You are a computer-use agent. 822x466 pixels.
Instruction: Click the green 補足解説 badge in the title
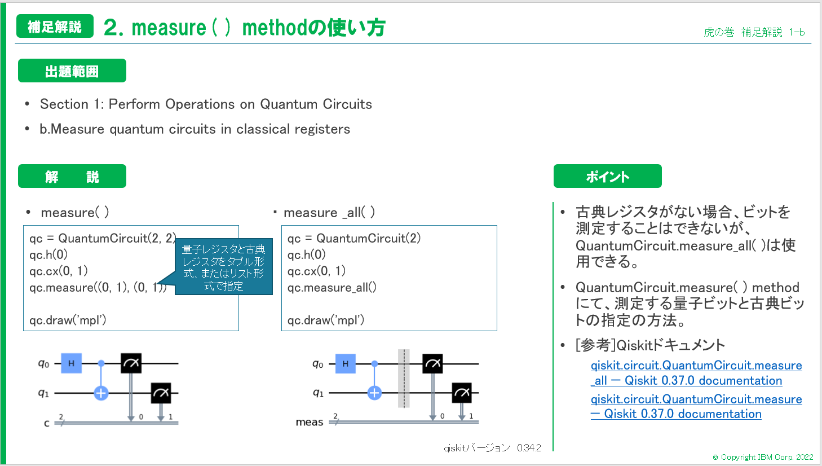[x=55, y=27]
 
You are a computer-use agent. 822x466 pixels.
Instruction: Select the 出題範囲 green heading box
[x=72, y=71]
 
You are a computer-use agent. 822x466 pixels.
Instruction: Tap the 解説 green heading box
[x=72, y=177]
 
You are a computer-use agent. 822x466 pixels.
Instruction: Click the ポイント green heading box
[x=607, y=177]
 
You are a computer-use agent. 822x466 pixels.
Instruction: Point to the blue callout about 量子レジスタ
[x=224, y=267]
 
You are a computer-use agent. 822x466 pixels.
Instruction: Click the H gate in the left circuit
[x=72, y=363]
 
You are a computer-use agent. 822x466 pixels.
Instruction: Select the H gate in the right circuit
[x=345, y=363]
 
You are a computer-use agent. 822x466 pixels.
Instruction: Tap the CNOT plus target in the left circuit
[x=101, y=393]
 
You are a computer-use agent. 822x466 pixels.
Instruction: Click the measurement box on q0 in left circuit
[x=131, y=363]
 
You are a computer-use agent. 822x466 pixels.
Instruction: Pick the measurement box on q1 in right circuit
[x=462, y=393]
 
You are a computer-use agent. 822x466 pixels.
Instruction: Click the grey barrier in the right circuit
[x=404, y=378]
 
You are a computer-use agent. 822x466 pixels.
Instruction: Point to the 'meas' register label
[x=310, y=422]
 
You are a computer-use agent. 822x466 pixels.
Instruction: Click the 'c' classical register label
[x=47, y=423]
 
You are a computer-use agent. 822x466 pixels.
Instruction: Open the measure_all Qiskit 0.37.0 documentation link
[x=696, y=373]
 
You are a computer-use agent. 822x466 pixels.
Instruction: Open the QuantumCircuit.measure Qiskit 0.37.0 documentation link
[x=696, y=406]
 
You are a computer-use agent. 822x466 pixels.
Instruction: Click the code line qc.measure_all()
[x=332, y=288]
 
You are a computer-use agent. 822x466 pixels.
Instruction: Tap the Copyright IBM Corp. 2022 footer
[x=763, y=457]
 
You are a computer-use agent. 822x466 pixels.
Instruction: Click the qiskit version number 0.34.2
[x=529, y=448]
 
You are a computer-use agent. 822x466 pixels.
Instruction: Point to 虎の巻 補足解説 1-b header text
[x=754, y=32]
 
